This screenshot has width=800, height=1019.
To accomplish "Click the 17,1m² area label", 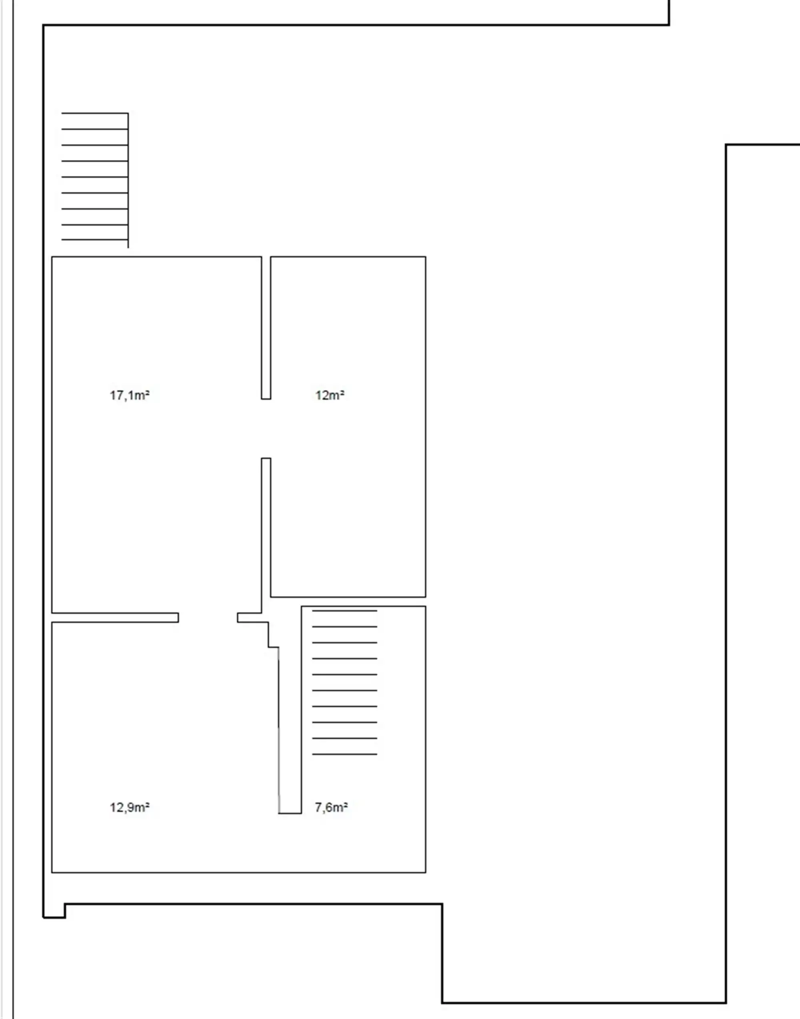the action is point(130,395).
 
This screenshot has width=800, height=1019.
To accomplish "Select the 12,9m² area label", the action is point(130,808).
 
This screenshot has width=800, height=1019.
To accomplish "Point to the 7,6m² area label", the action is point(331,808).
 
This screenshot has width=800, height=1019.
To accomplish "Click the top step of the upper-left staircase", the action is point(95,113).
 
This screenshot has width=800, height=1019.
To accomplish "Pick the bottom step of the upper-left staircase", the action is point(95,239).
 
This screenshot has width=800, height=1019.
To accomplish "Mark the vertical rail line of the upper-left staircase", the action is point(128,180).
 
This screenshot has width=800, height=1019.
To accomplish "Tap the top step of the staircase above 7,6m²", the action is point(345,611).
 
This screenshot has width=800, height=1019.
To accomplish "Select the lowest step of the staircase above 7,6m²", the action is point(345,754).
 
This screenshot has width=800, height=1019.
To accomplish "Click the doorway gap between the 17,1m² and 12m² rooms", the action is point(266,428).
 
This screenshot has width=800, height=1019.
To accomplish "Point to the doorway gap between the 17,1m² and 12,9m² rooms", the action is point(208,617).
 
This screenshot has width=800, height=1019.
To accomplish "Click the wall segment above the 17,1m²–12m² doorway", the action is point(266,328).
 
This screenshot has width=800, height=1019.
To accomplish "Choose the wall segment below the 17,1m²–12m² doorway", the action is point(266,535).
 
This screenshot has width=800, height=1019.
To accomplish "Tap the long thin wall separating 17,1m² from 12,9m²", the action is point(115,617).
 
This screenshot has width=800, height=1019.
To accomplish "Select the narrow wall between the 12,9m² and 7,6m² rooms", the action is point(290,730).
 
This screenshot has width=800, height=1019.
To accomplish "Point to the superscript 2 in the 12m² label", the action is point(342,392).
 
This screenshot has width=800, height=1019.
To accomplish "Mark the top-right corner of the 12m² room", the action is point(425,257).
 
